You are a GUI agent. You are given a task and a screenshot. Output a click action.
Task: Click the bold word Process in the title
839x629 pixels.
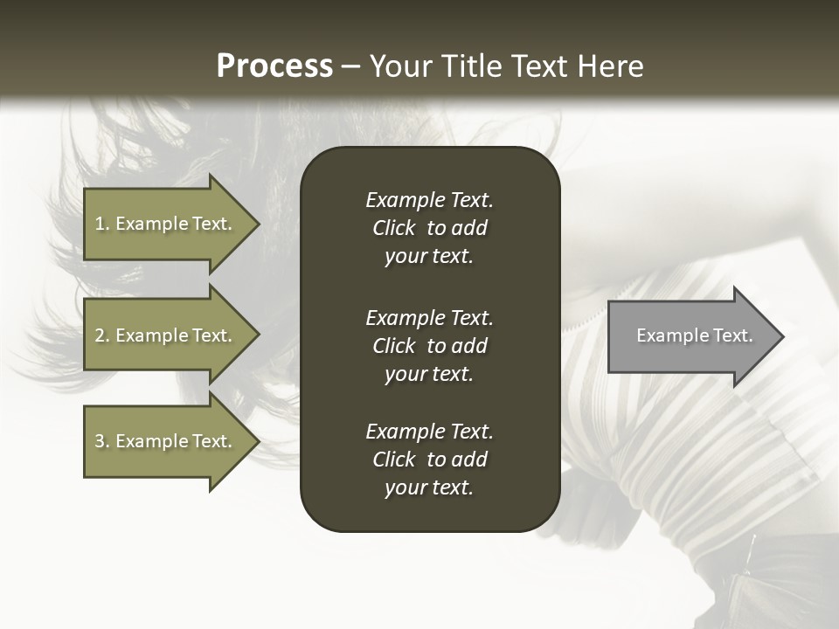point(274,66)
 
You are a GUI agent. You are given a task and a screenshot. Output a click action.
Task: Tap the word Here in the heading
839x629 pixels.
point(609,66)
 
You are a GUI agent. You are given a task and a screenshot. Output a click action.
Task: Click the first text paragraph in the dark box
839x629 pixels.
point(429,228)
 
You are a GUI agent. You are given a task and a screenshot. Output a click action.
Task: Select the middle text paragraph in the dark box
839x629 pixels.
point(429,346)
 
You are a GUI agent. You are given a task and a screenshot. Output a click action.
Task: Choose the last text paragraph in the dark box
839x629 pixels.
point(429,460)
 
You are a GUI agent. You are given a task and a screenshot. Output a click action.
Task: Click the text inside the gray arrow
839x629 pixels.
point(694,335)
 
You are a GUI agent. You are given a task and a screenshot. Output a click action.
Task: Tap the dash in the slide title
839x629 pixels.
point(350,67)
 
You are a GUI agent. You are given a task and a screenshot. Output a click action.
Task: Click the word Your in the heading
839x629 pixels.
point(399,66)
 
